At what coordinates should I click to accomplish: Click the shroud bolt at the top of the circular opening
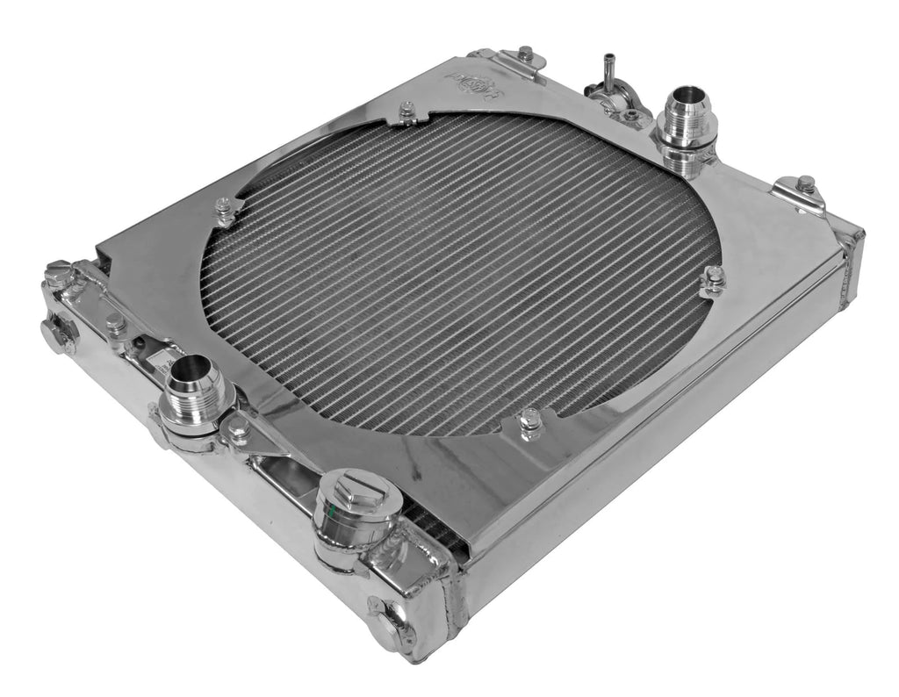pos(406,111)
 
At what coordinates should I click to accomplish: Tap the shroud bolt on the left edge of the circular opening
pos(224,210)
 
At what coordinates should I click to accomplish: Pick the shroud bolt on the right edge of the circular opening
pos(714,279)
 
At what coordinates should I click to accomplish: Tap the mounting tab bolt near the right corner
pos(805,186)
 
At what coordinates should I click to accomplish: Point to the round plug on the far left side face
pos(59,334)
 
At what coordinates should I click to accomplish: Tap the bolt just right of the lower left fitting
pos(237,429)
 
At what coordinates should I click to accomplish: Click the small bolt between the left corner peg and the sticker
pos(115,323)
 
